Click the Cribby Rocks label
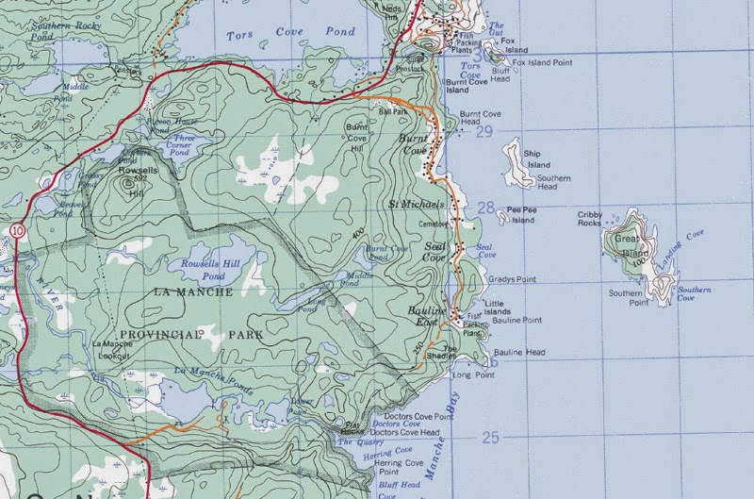pos(590,219)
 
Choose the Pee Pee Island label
pos(520,216)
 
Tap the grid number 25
pos(489,437)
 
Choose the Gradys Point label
pos(512,280)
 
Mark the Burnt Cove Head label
pos(482,118)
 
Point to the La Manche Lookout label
pos(114,348)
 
